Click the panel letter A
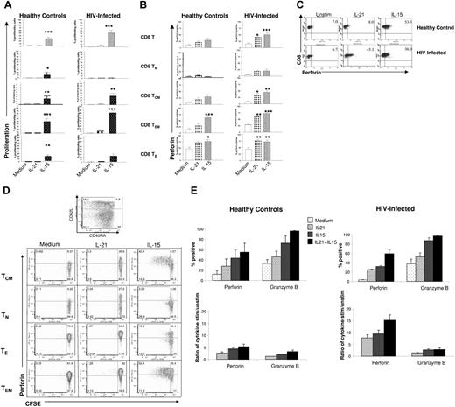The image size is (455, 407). tap(5, 9)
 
